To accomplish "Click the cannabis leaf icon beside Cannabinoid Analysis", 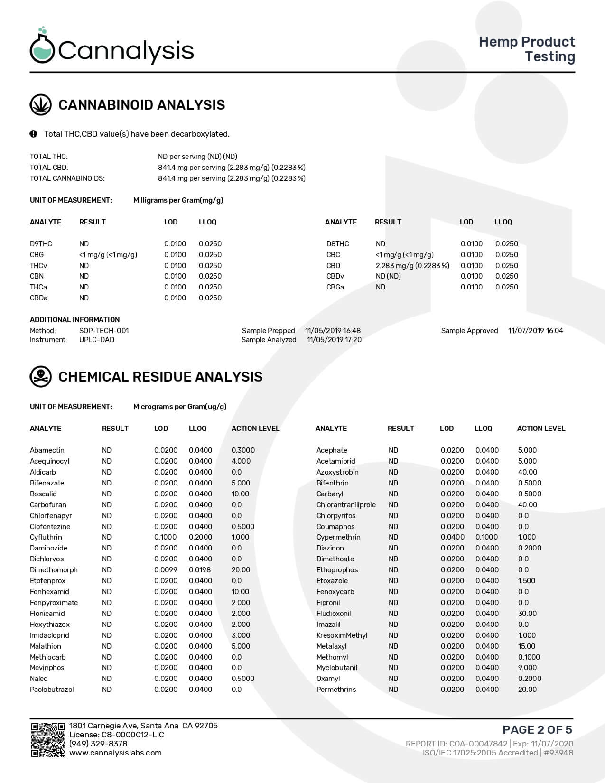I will pos(41,105).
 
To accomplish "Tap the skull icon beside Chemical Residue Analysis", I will pos(41,377).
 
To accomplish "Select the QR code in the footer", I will pos(48,739).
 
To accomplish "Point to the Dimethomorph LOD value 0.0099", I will pos(166,570).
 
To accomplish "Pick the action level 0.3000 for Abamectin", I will pos(243,450).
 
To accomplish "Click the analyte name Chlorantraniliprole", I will pos(346,505).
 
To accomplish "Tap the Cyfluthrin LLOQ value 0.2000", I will pos(200,537).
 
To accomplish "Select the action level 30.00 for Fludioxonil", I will pos(527,614).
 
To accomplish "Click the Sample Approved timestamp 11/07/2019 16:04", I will pos(535,331).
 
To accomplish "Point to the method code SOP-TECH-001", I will pos(104,331).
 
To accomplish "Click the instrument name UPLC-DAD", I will pos(97,340).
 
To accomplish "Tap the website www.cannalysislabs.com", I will pos(115,753).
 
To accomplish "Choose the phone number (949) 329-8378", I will pos(98,744).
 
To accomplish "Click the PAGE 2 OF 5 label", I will pos(537,729).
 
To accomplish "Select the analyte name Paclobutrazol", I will pos(52,690).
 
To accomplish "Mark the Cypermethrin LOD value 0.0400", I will pos(452,537).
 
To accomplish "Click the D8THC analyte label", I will pos(337,244).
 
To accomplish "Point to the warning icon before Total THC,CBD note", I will pos(33,134).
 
